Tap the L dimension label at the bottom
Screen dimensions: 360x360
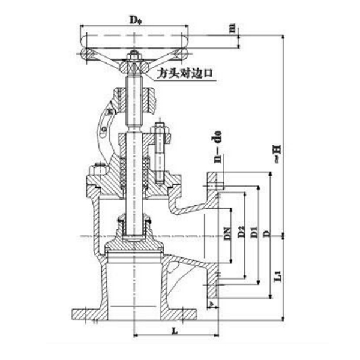[174, 331]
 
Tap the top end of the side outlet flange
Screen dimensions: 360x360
[214, 175]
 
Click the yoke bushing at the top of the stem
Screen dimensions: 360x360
[134, 96]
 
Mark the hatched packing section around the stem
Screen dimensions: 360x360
[122, 168]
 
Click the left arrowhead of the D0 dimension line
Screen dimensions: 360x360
[82, 27]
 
